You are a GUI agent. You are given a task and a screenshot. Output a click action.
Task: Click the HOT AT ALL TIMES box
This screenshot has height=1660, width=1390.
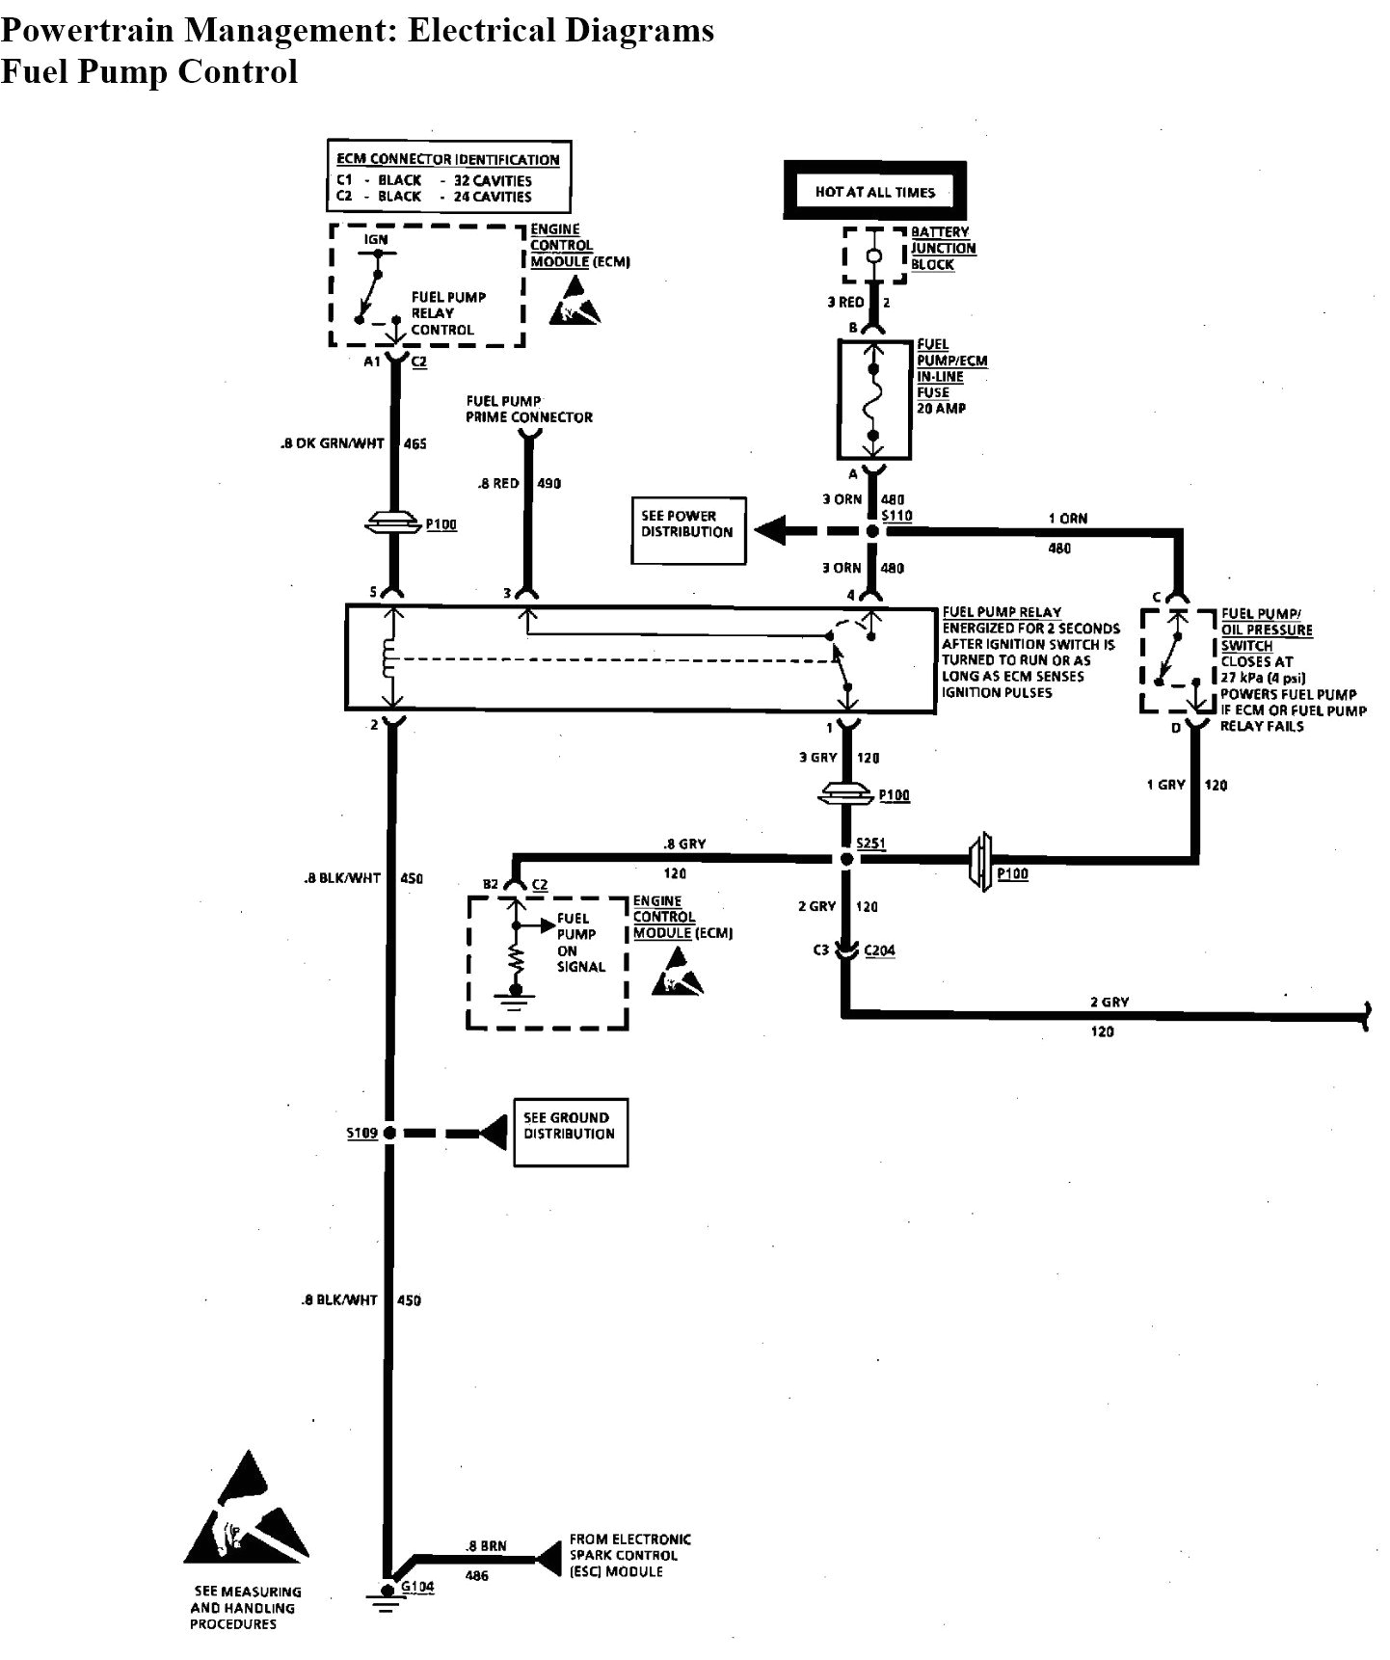tap(874, 191)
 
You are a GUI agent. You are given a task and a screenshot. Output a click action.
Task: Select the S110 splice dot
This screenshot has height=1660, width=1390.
tap(872, 531)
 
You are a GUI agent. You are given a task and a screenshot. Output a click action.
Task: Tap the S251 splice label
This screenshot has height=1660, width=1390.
tap(871, 843)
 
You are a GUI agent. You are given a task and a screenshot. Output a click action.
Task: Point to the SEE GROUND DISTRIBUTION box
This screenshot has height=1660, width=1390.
tap(571, 1133)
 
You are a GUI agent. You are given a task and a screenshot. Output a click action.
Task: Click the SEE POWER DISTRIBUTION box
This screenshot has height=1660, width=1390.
tap(688, 530)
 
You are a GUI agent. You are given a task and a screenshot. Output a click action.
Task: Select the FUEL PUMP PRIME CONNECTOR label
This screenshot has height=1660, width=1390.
tap(528, 409)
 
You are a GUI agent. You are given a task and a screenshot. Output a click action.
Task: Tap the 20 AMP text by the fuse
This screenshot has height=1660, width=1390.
tap(941, 408)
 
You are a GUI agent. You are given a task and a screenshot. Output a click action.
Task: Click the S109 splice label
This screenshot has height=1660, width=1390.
tap(362, 1133)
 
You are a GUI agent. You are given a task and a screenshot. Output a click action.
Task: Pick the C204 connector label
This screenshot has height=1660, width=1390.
tap(880, 950)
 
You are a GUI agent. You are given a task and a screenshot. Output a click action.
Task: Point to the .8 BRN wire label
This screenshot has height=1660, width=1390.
tap(486, 1545)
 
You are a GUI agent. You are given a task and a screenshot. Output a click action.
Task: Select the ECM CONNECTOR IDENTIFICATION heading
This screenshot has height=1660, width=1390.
tap(447, 159)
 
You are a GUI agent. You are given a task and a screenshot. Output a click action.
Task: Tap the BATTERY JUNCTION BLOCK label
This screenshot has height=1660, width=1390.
tap(943, 248)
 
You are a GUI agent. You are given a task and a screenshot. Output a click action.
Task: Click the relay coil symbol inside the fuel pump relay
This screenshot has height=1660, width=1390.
tap(389, 658)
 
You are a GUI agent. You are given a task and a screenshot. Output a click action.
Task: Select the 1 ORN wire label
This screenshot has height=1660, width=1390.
tap(1067, 519)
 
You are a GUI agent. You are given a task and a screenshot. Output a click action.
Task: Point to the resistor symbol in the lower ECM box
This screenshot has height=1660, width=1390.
tap(516, 959)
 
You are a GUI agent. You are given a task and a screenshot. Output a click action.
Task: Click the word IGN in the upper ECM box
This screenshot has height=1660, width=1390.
tap(376, 239)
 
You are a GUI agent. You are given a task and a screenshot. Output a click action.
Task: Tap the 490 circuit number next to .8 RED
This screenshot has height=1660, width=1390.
tap(548, 483)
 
